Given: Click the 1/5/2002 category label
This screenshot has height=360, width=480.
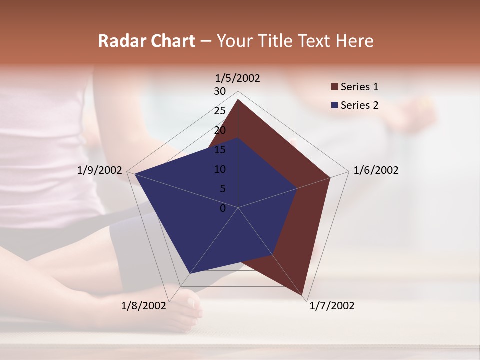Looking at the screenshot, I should pos(238,78).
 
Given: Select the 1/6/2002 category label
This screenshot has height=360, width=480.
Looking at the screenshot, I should pos(376,170).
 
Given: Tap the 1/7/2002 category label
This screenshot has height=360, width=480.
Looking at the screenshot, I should pos(332,306).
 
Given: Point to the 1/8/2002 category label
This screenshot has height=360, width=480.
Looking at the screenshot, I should pos(143,306).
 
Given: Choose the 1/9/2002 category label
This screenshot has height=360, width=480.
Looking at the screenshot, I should pos(100,170).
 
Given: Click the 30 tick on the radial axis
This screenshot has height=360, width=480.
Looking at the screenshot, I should pos(220,91).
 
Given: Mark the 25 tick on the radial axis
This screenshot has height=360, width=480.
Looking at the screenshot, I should pos(220,111).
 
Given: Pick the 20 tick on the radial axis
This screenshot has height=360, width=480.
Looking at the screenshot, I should pos(220,130).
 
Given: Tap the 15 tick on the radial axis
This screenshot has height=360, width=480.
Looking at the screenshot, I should pos(220,150).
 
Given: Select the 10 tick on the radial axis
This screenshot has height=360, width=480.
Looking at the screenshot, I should pos(220,169).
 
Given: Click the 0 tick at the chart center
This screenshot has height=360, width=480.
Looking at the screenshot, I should pos(223,208).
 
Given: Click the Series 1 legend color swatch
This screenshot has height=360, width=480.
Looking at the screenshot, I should pos(335,87).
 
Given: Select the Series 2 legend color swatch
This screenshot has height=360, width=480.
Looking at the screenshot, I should pos(335,105).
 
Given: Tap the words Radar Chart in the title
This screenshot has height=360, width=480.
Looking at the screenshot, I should pos(146,41).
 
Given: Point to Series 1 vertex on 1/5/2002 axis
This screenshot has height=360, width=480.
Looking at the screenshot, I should pos(238,100).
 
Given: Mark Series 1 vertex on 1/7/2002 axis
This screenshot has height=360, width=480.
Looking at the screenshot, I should pos(302,295).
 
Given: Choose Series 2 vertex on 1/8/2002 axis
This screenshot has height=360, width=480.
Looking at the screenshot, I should pos(190,273).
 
